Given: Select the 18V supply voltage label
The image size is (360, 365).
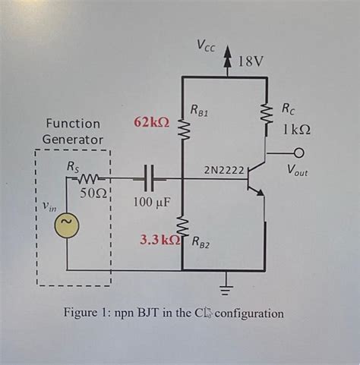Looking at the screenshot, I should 251,61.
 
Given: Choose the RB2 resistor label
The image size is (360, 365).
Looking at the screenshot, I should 202,243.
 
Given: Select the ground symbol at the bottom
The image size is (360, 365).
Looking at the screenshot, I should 225,288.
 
